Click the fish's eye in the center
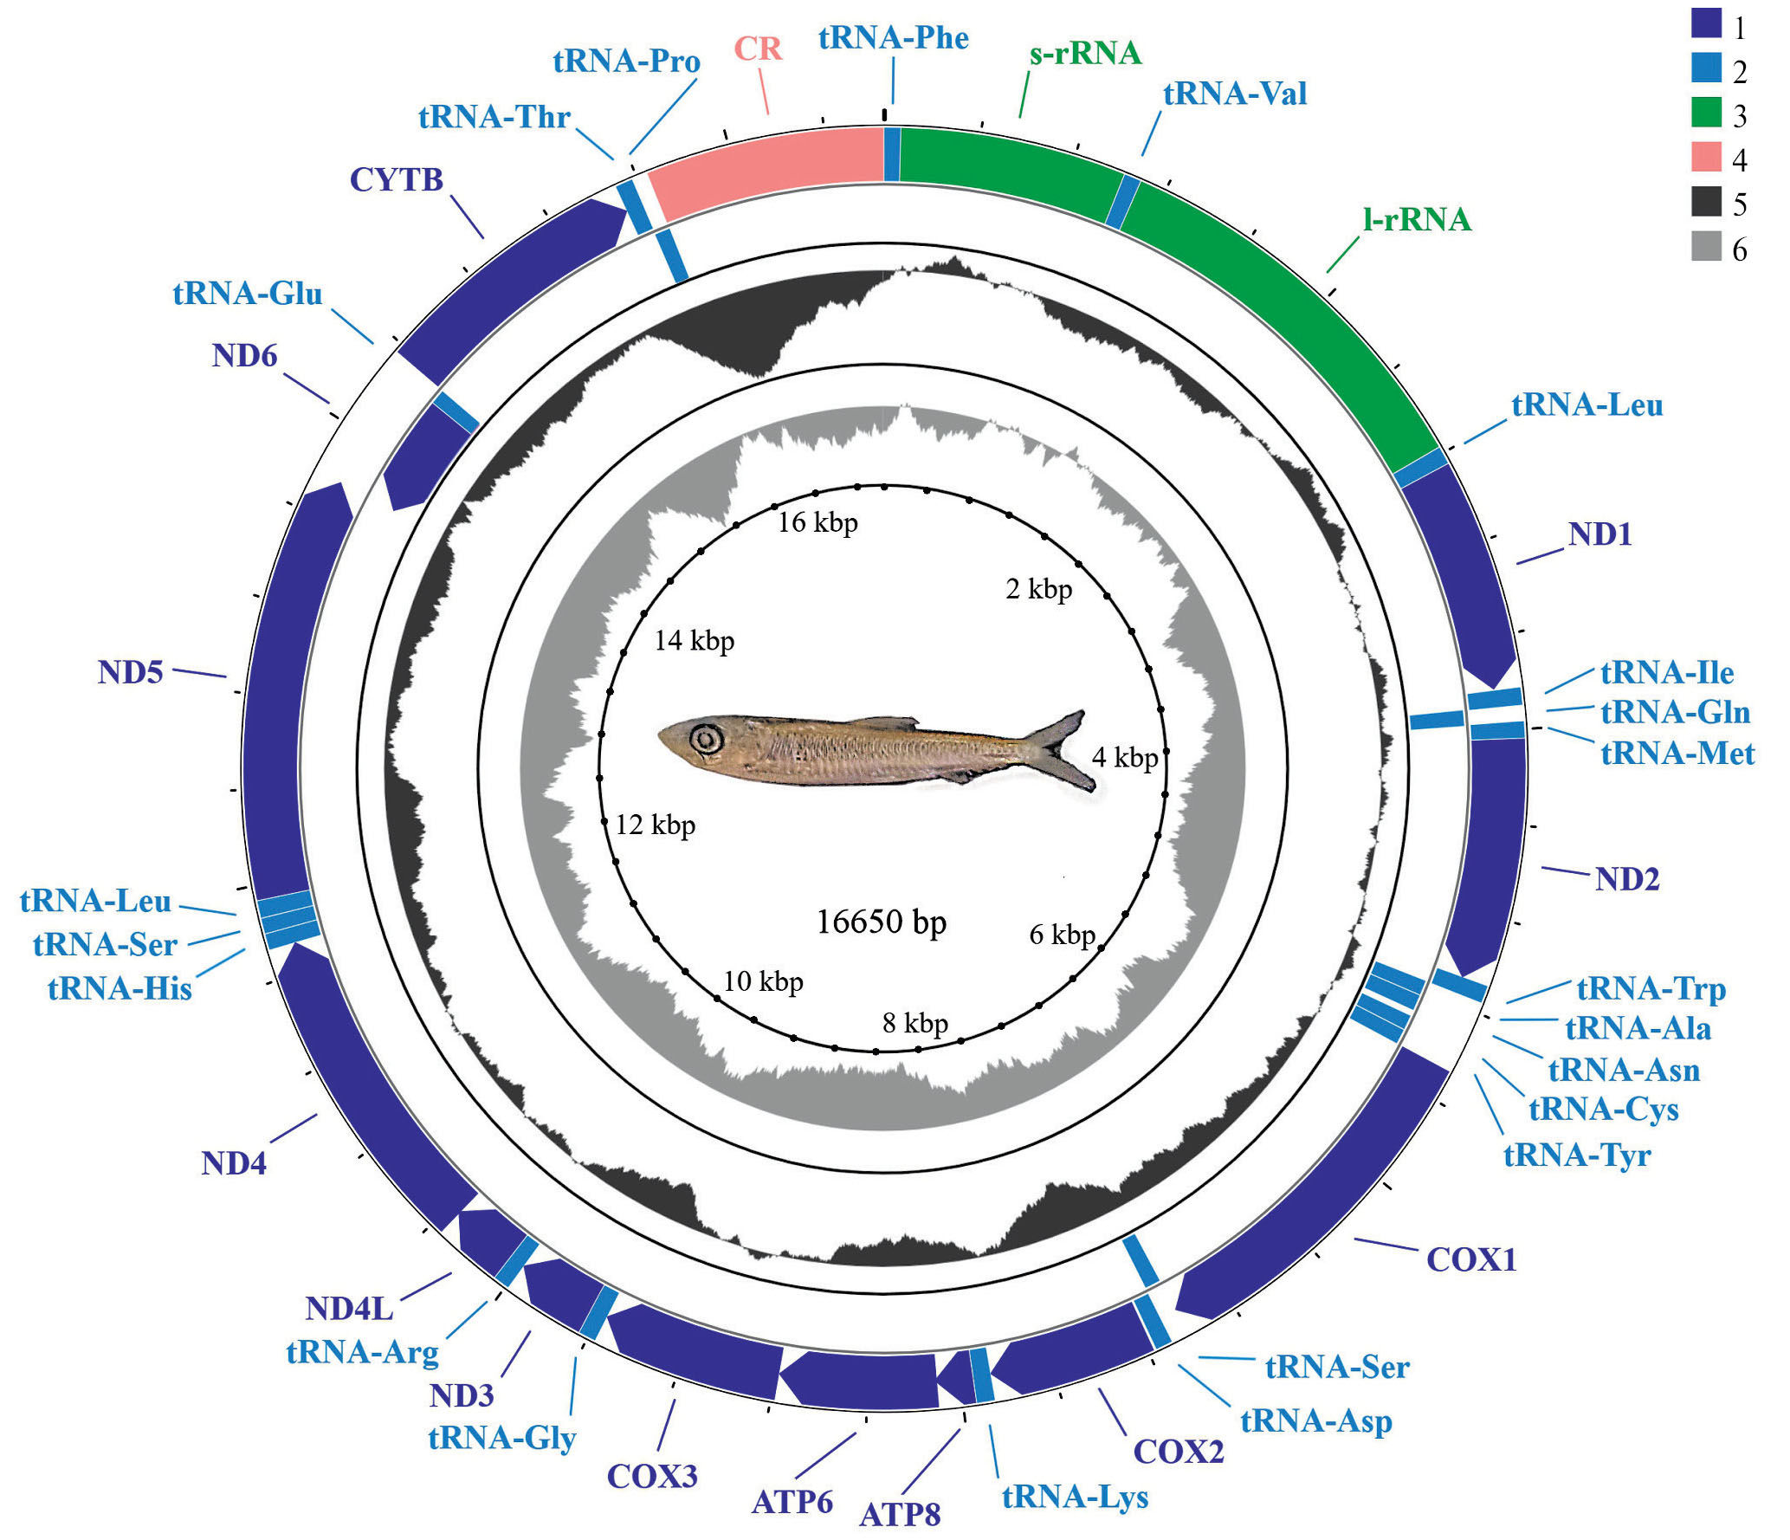[x=707, y=739]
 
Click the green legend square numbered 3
[x=1706, y=113]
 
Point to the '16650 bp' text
[x=881, y=922]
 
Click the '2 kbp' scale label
[x=1038, y=590]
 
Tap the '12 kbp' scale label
[x=656, y=825]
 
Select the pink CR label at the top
[x=758, y=49]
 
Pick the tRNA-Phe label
[x=893, y=39]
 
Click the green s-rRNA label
[x=1085, y=54]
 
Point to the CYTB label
[x=397, y=180]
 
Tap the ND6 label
[x=244, y=356]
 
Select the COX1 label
[x=1471, y=1260]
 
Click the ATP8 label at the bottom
[x=900, y=1515]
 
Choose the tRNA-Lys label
[x=1075, y=1497]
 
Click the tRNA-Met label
[x=1677, y=754]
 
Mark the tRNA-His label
[x=120, y=988]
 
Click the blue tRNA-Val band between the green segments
[x=1123, y=202]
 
